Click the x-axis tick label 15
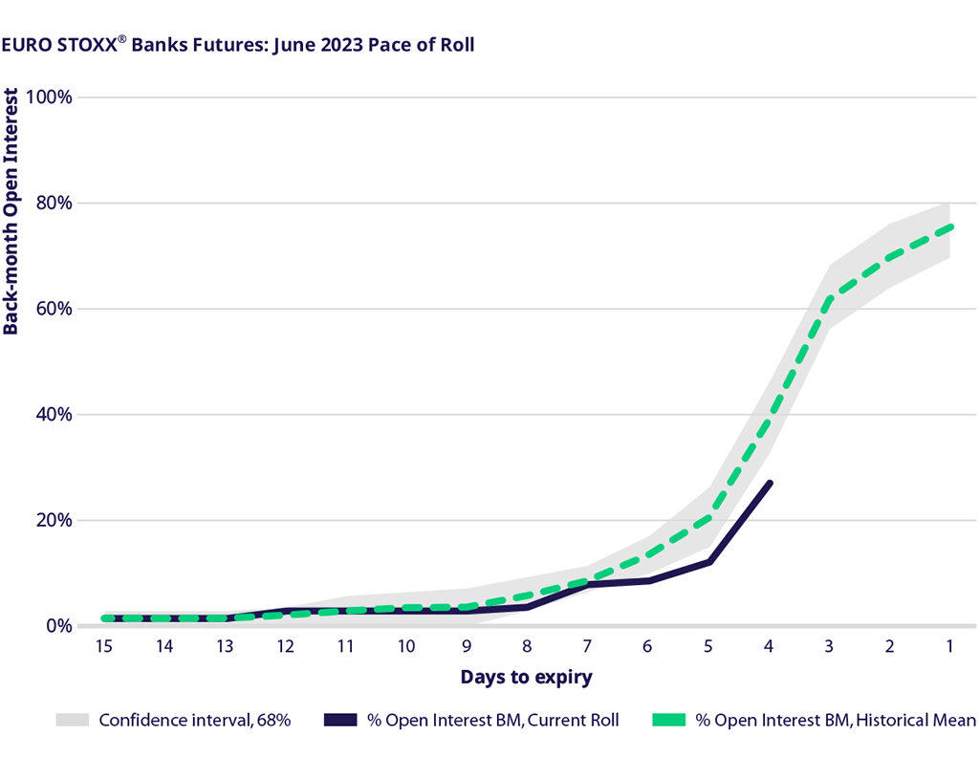pyautogui.click(x=103, y=647)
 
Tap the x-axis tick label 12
pyautogui.click(x=285, y=647)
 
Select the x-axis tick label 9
pyautogui.click(x=467, y=647)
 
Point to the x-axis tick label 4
pyautogui.click(x=769, y=647)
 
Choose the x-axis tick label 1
pyautogui.click(x=949, y=647)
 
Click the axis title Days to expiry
pyautogui.click(x=526, y=678)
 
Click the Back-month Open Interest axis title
pyautogui.click(x=11, y=211)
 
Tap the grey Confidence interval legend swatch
pyautogui.click(x=73, y=720)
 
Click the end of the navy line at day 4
pyautogui.click(x=771, y=483)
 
